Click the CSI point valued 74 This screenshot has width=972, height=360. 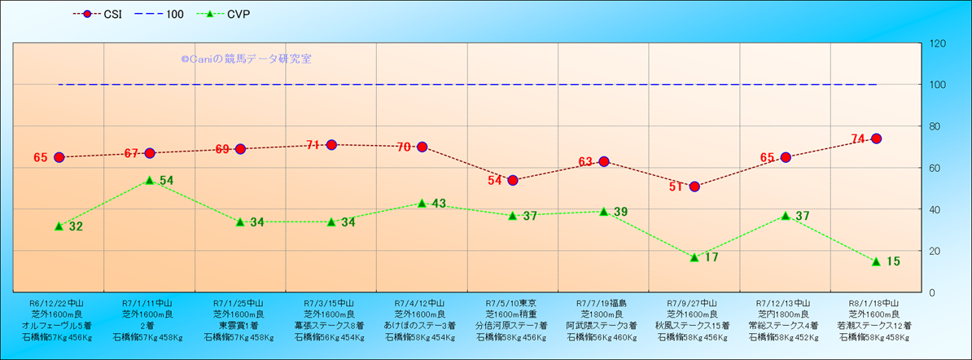tap(877, 138)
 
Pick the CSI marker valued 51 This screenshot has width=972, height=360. tap(694, 187)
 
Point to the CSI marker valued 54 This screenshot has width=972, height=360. tap(513, 180)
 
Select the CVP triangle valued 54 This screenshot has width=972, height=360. tap(150, 180)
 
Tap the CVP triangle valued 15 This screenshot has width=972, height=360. tap(877, 261)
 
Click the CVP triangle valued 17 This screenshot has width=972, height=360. tap(694, 257)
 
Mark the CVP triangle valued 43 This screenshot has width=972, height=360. tap(422, 203)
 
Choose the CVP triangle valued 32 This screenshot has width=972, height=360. tap(59, 226)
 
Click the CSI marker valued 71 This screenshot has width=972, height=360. tap(331, 145)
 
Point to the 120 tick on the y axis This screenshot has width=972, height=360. tap(936, 43)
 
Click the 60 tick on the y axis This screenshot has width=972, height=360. tap(934, 168)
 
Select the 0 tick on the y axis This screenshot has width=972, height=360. tap(931, 292)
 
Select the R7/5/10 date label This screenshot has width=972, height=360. tap(511, 302)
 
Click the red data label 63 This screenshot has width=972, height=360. tap(585, 161)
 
